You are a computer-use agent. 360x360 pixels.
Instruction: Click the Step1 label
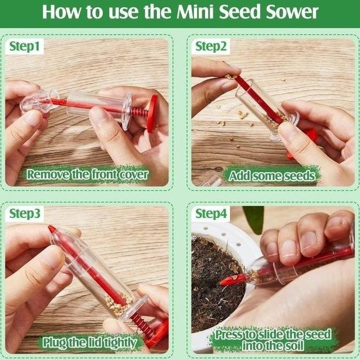pos(24,46)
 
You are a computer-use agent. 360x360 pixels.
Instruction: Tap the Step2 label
pos(211,46)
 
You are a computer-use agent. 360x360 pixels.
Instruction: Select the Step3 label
pos(25,214)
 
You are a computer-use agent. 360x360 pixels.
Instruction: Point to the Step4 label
pos(211,214)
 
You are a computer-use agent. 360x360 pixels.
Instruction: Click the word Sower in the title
pos(292,12)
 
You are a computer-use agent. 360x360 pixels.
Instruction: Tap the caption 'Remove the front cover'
pos(88,174)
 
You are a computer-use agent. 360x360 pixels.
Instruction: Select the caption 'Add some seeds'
pos(272,176)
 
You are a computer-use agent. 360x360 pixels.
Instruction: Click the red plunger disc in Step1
pos(153,114)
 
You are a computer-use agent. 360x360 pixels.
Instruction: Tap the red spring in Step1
pos(139,113)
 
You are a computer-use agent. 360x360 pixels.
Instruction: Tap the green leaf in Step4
pos(254,218)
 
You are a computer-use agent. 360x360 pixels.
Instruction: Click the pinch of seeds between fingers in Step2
pos(230,76)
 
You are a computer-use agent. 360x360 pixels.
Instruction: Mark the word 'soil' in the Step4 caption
pos(295,345)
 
